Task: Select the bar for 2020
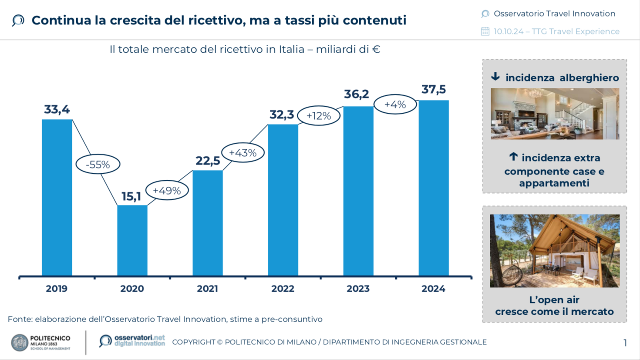(x=132, y=240)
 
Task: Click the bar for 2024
(x=434, y=188)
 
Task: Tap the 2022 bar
(x=283, y=200)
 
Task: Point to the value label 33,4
(x=57, y=110)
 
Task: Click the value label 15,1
(x=131, y=197)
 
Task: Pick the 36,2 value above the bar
(x=357, y=94)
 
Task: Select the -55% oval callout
(x=98, y=165)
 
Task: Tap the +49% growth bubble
(x=167, y=191)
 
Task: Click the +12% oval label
(x=319, y=116)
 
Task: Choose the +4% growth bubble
(x=395, y=104)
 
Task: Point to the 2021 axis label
(x=207, y=289)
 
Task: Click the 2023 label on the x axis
(x=358, y=289)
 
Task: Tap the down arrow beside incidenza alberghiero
(x=495, y=77)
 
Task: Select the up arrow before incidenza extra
(x=513, y=157)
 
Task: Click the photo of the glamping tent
(x=554, y=251)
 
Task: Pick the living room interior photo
(x=554, y=114)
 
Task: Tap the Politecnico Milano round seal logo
(x=20, y=343)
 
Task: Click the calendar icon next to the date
(x=485, y=31)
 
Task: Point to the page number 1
(x=625, y=343)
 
